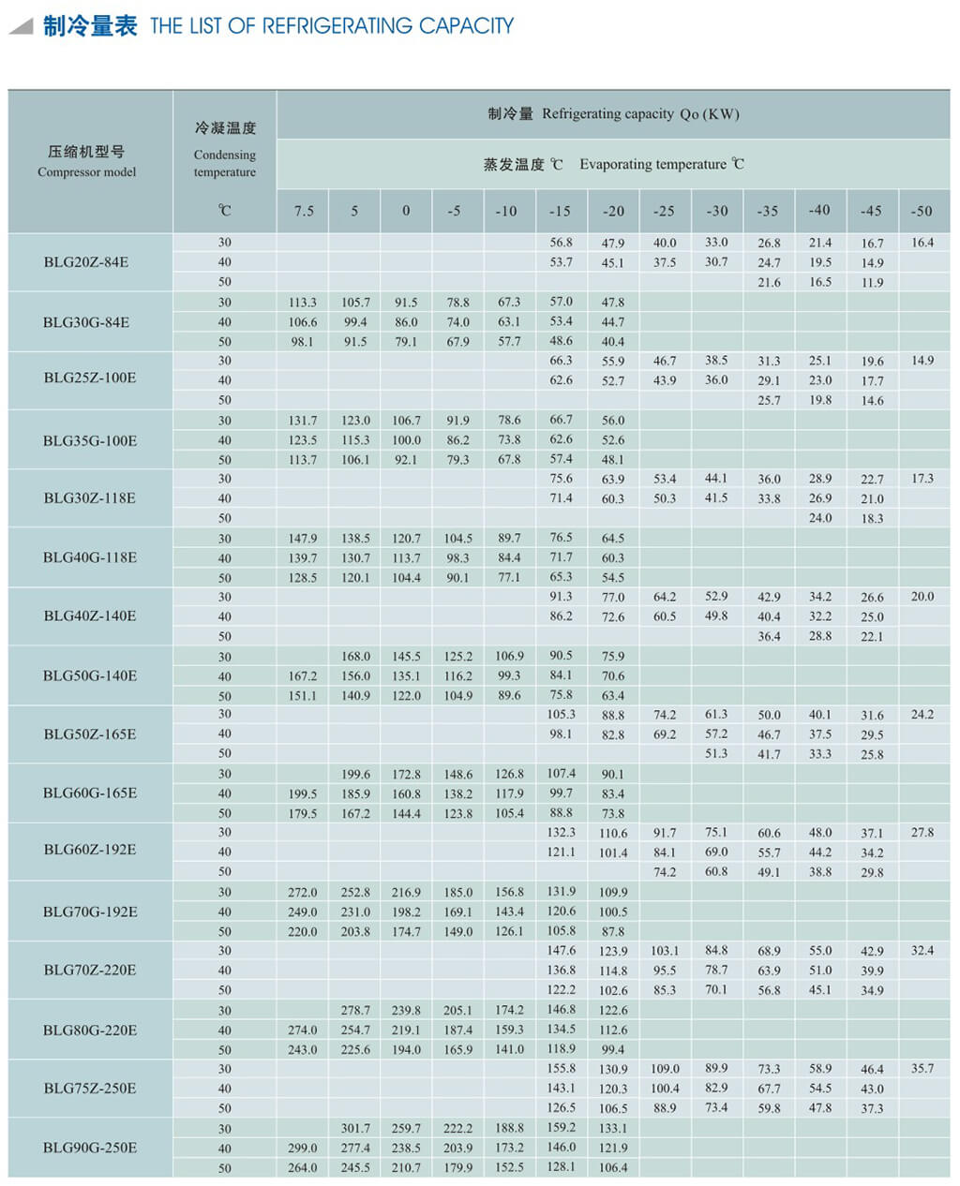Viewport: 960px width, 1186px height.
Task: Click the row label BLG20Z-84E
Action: point(86,262)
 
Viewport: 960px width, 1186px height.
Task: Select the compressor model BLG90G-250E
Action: point(90,1148)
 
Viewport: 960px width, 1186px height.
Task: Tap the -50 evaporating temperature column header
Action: point(922,211)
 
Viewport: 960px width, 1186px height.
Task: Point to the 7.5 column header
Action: point(304,211)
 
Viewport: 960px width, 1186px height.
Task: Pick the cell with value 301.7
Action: point(355,1128)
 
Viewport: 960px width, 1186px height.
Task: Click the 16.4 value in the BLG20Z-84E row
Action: point(922,243)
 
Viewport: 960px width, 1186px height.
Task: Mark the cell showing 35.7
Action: point(922,1068)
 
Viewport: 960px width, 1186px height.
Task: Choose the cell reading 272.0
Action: point(303,892)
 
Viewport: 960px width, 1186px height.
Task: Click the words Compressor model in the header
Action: point(86,172)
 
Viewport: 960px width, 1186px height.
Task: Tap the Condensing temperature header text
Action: point(224,163)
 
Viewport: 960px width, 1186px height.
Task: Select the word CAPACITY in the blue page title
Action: point(466,26)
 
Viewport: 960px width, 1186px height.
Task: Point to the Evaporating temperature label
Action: point(652,164)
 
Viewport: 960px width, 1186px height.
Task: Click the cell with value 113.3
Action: point(303,302)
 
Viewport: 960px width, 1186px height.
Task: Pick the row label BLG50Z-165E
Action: point(90,734)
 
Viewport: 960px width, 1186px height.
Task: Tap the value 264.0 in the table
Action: point(303,1167)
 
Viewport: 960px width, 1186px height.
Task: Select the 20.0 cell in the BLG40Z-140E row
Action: point(922,596)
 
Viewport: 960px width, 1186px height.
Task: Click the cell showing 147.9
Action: point(303,538)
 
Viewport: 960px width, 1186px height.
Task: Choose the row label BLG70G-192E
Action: point(90,912)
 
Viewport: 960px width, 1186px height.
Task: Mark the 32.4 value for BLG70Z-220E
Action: point(922,950)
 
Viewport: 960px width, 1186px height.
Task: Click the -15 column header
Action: point(560,211)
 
